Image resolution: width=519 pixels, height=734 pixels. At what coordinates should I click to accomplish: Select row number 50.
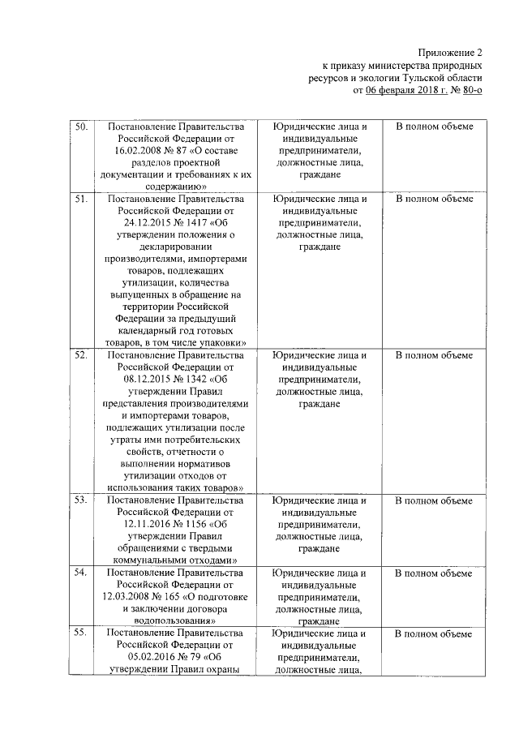point(81,127)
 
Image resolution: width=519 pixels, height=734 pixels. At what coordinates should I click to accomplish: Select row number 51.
point(81,199)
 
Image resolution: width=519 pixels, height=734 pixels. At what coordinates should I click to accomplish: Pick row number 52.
point(81,354)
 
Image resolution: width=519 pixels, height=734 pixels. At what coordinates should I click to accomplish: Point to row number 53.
point(81,500)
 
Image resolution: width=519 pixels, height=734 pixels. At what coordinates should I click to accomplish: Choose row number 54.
point(81,573)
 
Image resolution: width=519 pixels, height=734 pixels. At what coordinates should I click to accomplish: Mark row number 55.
point(81,633)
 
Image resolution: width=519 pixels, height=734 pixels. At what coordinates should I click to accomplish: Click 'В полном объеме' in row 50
point(434,127)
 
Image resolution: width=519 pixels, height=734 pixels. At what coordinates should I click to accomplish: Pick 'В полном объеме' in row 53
point(434,500)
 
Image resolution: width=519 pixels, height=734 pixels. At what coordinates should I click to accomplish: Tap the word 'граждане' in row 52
point(319,403)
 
